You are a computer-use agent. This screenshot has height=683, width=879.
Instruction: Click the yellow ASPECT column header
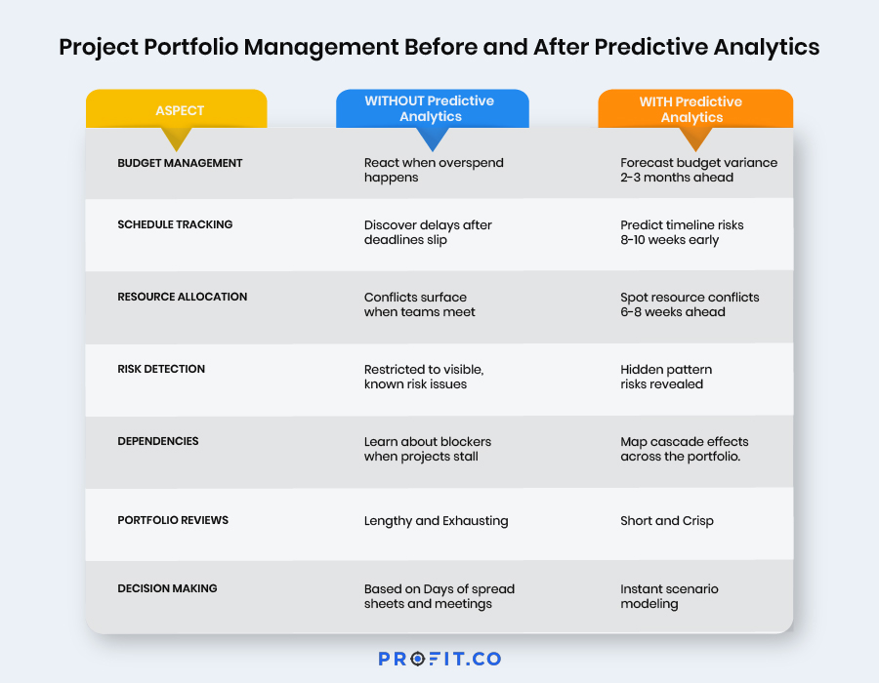click(x=176, y=109)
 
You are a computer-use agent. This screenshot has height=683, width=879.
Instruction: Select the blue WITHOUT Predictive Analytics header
click(x=430, y=108)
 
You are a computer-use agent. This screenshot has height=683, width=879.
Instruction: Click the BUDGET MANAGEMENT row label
click(x=180, y=163)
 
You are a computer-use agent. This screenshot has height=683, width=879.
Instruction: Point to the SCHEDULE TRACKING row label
click(x=175, y=224)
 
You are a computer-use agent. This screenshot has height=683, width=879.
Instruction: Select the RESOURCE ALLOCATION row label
click(x=183, y=297)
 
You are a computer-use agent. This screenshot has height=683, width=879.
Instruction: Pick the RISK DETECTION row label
click(x=161, y=369)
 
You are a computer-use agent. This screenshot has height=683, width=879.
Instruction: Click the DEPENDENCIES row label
click(x=158, y=441)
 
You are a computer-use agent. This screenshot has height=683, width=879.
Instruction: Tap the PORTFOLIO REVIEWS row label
click(x=173, y=520)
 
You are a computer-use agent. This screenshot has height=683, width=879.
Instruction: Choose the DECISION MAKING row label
click(x=167, y=588)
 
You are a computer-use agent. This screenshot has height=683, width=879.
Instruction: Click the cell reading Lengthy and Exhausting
click(x=436, y=521)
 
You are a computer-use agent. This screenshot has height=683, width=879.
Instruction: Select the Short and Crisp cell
click(x=667, y=521)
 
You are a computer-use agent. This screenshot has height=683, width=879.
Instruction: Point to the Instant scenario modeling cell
click(x=669, y=596)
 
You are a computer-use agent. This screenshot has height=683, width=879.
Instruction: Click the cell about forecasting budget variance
click(x=698, y=170)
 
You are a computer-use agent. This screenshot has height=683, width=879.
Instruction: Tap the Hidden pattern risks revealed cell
click(x=666, y=377)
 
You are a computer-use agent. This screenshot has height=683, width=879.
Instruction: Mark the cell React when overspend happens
click(x=434, y=170)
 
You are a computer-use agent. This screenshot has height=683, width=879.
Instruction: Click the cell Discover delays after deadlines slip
click(x=428, y=232)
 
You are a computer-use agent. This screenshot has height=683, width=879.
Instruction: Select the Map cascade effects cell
click(x=684, y=449)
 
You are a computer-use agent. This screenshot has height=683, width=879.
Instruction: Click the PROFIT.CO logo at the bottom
click(x=439, y=659)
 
